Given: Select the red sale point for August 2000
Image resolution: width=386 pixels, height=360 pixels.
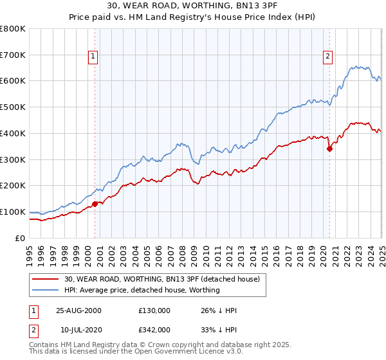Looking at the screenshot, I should [95, 204].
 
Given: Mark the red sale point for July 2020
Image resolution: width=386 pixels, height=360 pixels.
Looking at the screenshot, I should [329, 148].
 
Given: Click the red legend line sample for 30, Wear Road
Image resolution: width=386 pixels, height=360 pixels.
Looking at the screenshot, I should [46, 279].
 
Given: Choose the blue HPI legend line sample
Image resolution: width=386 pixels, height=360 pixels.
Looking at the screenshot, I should [46, 290].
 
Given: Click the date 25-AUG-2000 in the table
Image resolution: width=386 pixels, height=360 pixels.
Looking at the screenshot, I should [79, 310].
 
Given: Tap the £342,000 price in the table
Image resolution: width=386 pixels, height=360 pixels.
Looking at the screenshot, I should [154, 329].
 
